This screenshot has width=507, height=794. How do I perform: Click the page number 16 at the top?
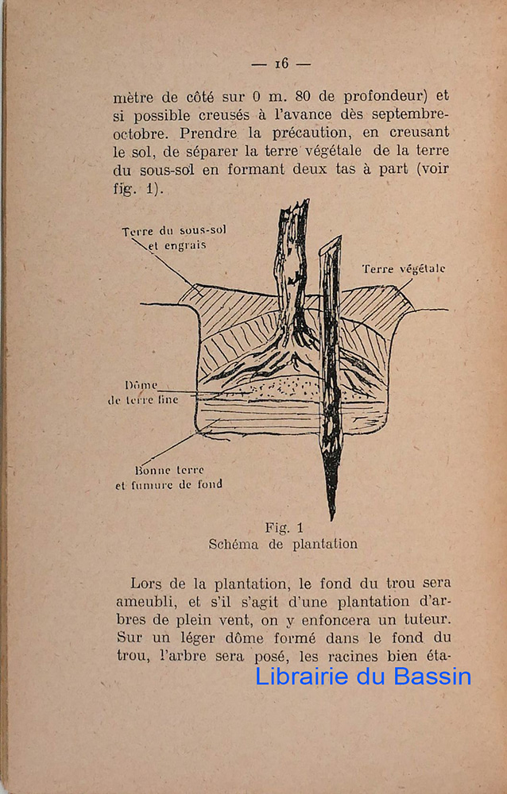(x=281, y=64)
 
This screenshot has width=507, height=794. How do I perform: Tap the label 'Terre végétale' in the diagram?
(x=403, y=269)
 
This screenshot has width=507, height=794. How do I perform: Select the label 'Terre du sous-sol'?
(x=173, y=231)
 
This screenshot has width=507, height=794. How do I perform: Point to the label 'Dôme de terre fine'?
(x=144, y=392)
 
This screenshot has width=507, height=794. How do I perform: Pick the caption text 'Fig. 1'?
(x=284, y=527)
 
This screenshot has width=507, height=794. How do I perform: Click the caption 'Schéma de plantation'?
(x=283, y=545)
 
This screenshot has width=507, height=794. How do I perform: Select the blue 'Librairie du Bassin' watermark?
(x=363, y=676)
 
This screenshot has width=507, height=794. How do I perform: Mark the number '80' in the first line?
(x=302, y=96)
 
